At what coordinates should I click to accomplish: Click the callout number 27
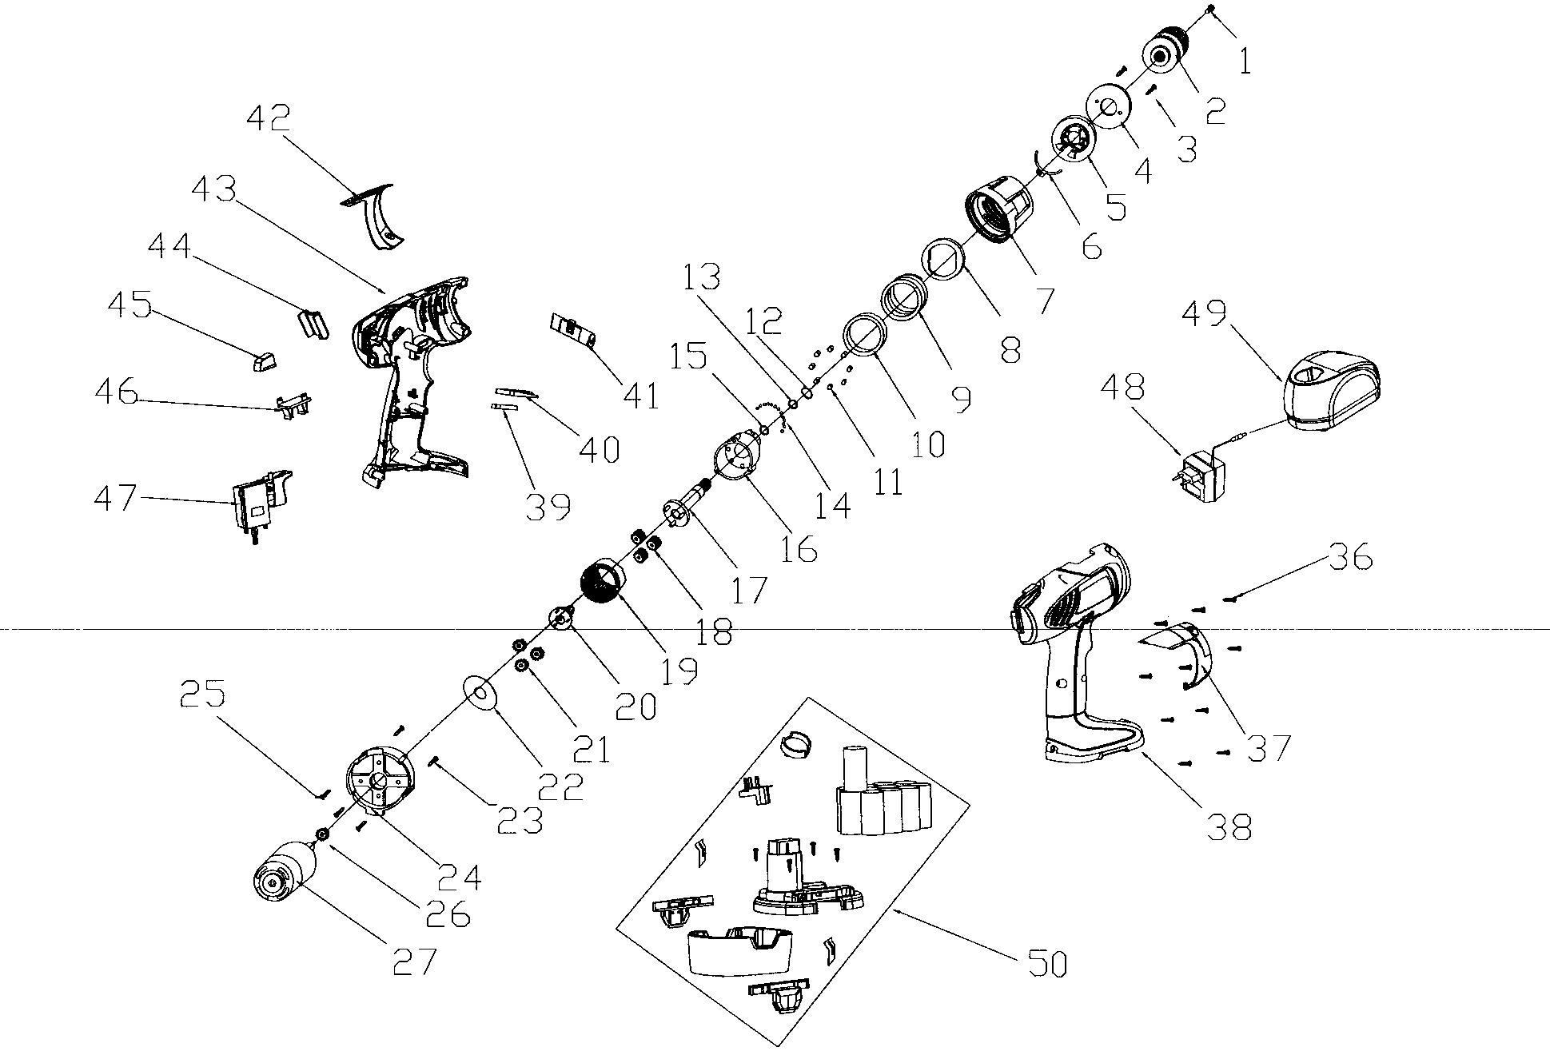[x=415, y=961]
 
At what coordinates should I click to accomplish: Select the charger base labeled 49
[x=1332, y=392]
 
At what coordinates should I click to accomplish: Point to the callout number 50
[x=1046, y=965]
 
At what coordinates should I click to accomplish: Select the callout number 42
[x=269, y=118]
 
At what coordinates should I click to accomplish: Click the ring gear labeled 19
[x=603, y=590]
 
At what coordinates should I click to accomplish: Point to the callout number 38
[x=1229, y=827]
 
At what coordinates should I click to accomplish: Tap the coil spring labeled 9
[x=903, y=298]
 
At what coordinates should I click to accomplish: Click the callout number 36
[x=1350, y=557]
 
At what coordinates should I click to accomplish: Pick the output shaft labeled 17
[x=688, y=504]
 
